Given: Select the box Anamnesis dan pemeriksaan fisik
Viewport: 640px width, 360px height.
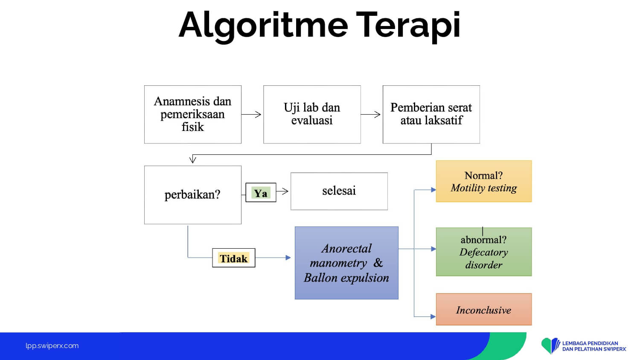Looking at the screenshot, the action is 193,115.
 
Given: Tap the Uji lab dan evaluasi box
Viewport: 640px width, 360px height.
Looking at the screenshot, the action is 312,115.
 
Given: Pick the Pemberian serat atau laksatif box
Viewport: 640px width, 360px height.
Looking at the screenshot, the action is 431,115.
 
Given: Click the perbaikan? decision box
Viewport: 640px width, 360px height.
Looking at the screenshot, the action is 193,195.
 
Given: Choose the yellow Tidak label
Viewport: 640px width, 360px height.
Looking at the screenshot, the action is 234,258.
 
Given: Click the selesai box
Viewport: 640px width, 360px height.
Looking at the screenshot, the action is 339,191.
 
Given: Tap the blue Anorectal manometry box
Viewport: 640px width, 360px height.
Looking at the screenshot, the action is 346,263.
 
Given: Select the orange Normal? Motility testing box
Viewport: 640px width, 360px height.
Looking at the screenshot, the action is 484,181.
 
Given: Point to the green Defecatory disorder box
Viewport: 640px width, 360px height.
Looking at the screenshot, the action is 484,252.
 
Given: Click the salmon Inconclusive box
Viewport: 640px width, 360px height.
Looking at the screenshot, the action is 484,309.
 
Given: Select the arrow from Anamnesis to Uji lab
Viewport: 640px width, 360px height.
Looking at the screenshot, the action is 251,115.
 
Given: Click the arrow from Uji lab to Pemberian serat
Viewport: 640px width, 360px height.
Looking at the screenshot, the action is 371,115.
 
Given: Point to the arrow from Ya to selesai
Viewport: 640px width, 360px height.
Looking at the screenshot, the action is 282,191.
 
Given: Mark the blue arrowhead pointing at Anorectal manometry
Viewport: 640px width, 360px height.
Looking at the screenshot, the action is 288,258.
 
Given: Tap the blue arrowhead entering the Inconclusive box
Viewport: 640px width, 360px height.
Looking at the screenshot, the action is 433,316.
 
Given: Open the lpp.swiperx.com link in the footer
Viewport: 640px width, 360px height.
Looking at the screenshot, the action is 52,346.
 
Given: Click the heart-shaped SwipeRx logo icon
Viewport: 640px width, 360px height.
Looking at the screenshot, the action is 550,346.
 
